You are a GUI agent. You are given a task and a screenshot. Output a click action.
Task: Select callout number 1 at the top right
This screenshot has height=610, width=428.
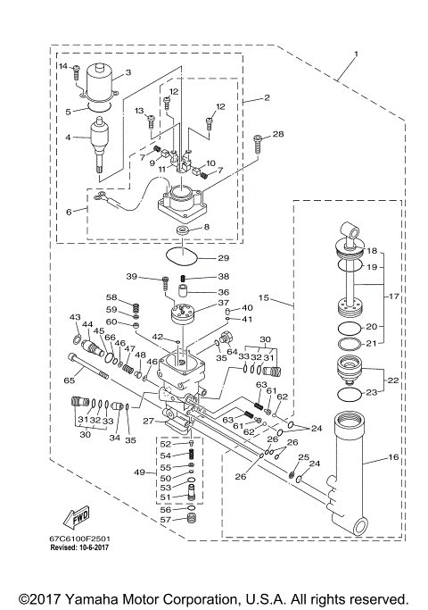(357, 54)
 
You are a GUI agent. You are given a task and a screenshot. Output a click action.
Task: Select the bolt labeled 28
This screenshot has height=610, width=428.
(257, 139)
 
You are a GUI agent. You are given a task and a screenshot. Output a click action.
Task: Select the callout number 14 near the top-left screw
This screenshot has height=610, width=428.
(63, 66)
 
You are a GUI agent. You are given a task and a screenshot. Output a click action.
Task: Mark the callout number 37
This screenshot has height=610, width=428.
(222, 303)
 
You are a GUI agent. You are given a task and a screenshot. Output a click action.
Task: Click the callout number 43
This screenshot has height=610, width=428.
(75, 318)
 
